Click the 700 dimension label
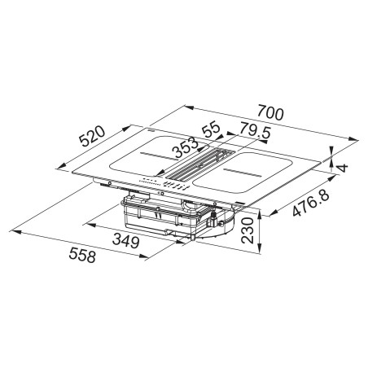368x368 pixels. pyautogui.click(x=269, y=114)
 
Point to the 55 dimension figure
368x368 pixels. pyautogui.click(x=211, y=129)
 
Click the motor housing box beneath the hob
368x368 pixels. pyautogui.click(x=163, y=216)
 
